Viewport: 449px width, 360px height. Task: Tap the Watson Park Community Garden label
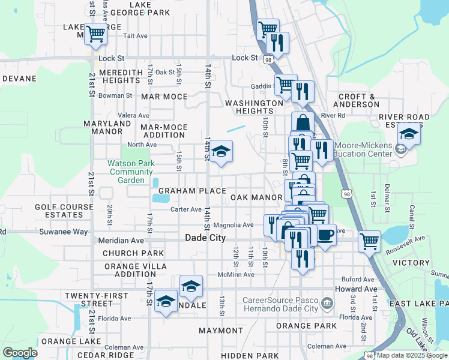click(x=131, y=172)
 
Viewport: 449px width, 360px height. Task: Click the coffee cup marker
click(x=326, y=234)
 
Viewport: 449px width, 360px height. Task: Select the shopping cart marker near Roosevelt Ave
click(x=369, y=241)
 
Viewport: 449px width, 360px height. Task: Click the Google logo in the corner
click(x=20, y=352)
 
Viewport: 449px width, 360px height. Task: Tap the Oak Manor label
click(x=256, y=197)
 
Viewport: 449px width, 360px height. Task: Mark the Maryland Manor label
click(x=107, y=127)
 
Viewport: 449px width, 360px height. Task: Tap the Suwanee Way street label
click(x=64, y=232)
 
